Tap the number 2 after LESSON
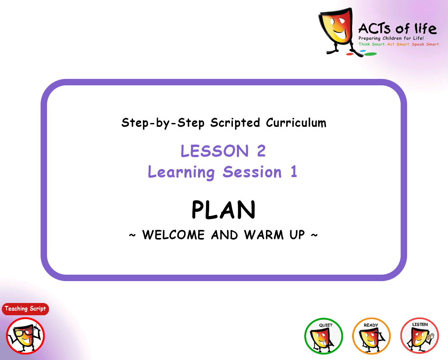coord(262,151)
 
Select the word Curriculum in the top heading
coord(296,123)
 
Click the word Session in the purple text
coord(252,172)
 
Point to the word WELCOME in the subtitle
coord(173,235)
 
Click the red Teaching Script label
coord(25,309)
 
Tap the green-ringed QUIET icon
coord(323,336)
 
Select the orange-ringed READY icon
coord(371,336)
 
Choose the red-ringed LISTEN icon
coord(420,336)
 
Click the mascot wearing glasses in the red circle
coord(25,336)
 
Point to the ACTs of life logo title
coord(397,29)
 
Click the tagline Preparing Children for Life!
coord(391,38)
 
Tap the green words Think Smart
coord(372,44)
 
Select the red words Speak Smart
coord(426,44)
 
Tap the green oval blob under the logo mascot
coord(370,54)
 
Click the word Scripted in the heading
coord(235,123)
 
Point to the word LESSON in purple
coord(214,151)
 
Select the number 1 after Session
coord(294,171)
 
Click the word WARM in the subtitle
coord(264,235)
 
